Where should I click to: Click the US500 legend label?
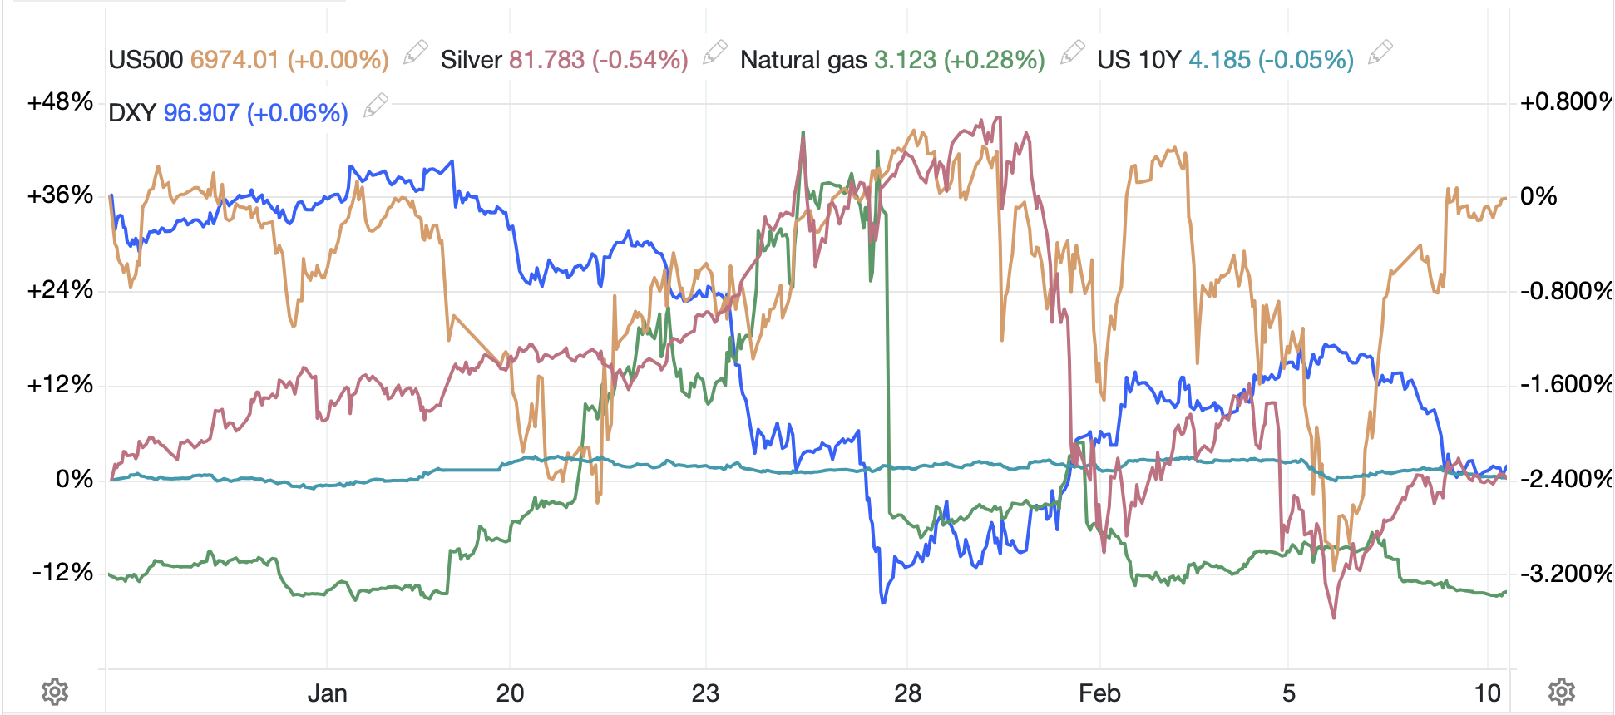tap(146, 60)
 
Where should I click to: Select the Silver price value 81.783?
tap(546, 60)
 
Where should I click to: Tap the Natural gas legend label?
tap(803, 60)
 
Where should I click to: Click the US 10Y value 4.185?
tap(1219, 60)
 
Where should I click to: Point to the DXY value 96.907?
tap(201, 113)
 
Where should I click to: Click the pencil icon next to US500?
tap(415, 53)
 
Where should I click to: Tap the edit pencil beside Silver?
tap(714, 53)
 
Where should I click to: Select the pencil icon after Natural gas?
tap(1072, 53)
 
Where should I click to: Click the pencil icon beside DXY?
tap(375, 106)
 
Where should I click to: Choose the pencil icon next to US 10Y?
tap(1380, 53)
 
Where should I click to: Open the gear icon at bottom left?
tap(55, 692)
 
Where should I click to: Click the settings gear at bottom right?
tap(1561, 692)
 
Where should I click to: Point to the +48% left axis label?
tap(60, 102)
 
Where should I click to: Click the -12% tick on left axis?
tap(62, 573)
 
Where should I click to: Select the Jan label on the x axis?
tap(327, 693)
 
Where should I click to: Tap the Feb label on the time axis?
tap(1099, 693)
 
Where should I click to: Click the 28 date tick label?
tap(907, 693)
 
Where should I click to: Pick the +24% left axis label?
tap(60, 290)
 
